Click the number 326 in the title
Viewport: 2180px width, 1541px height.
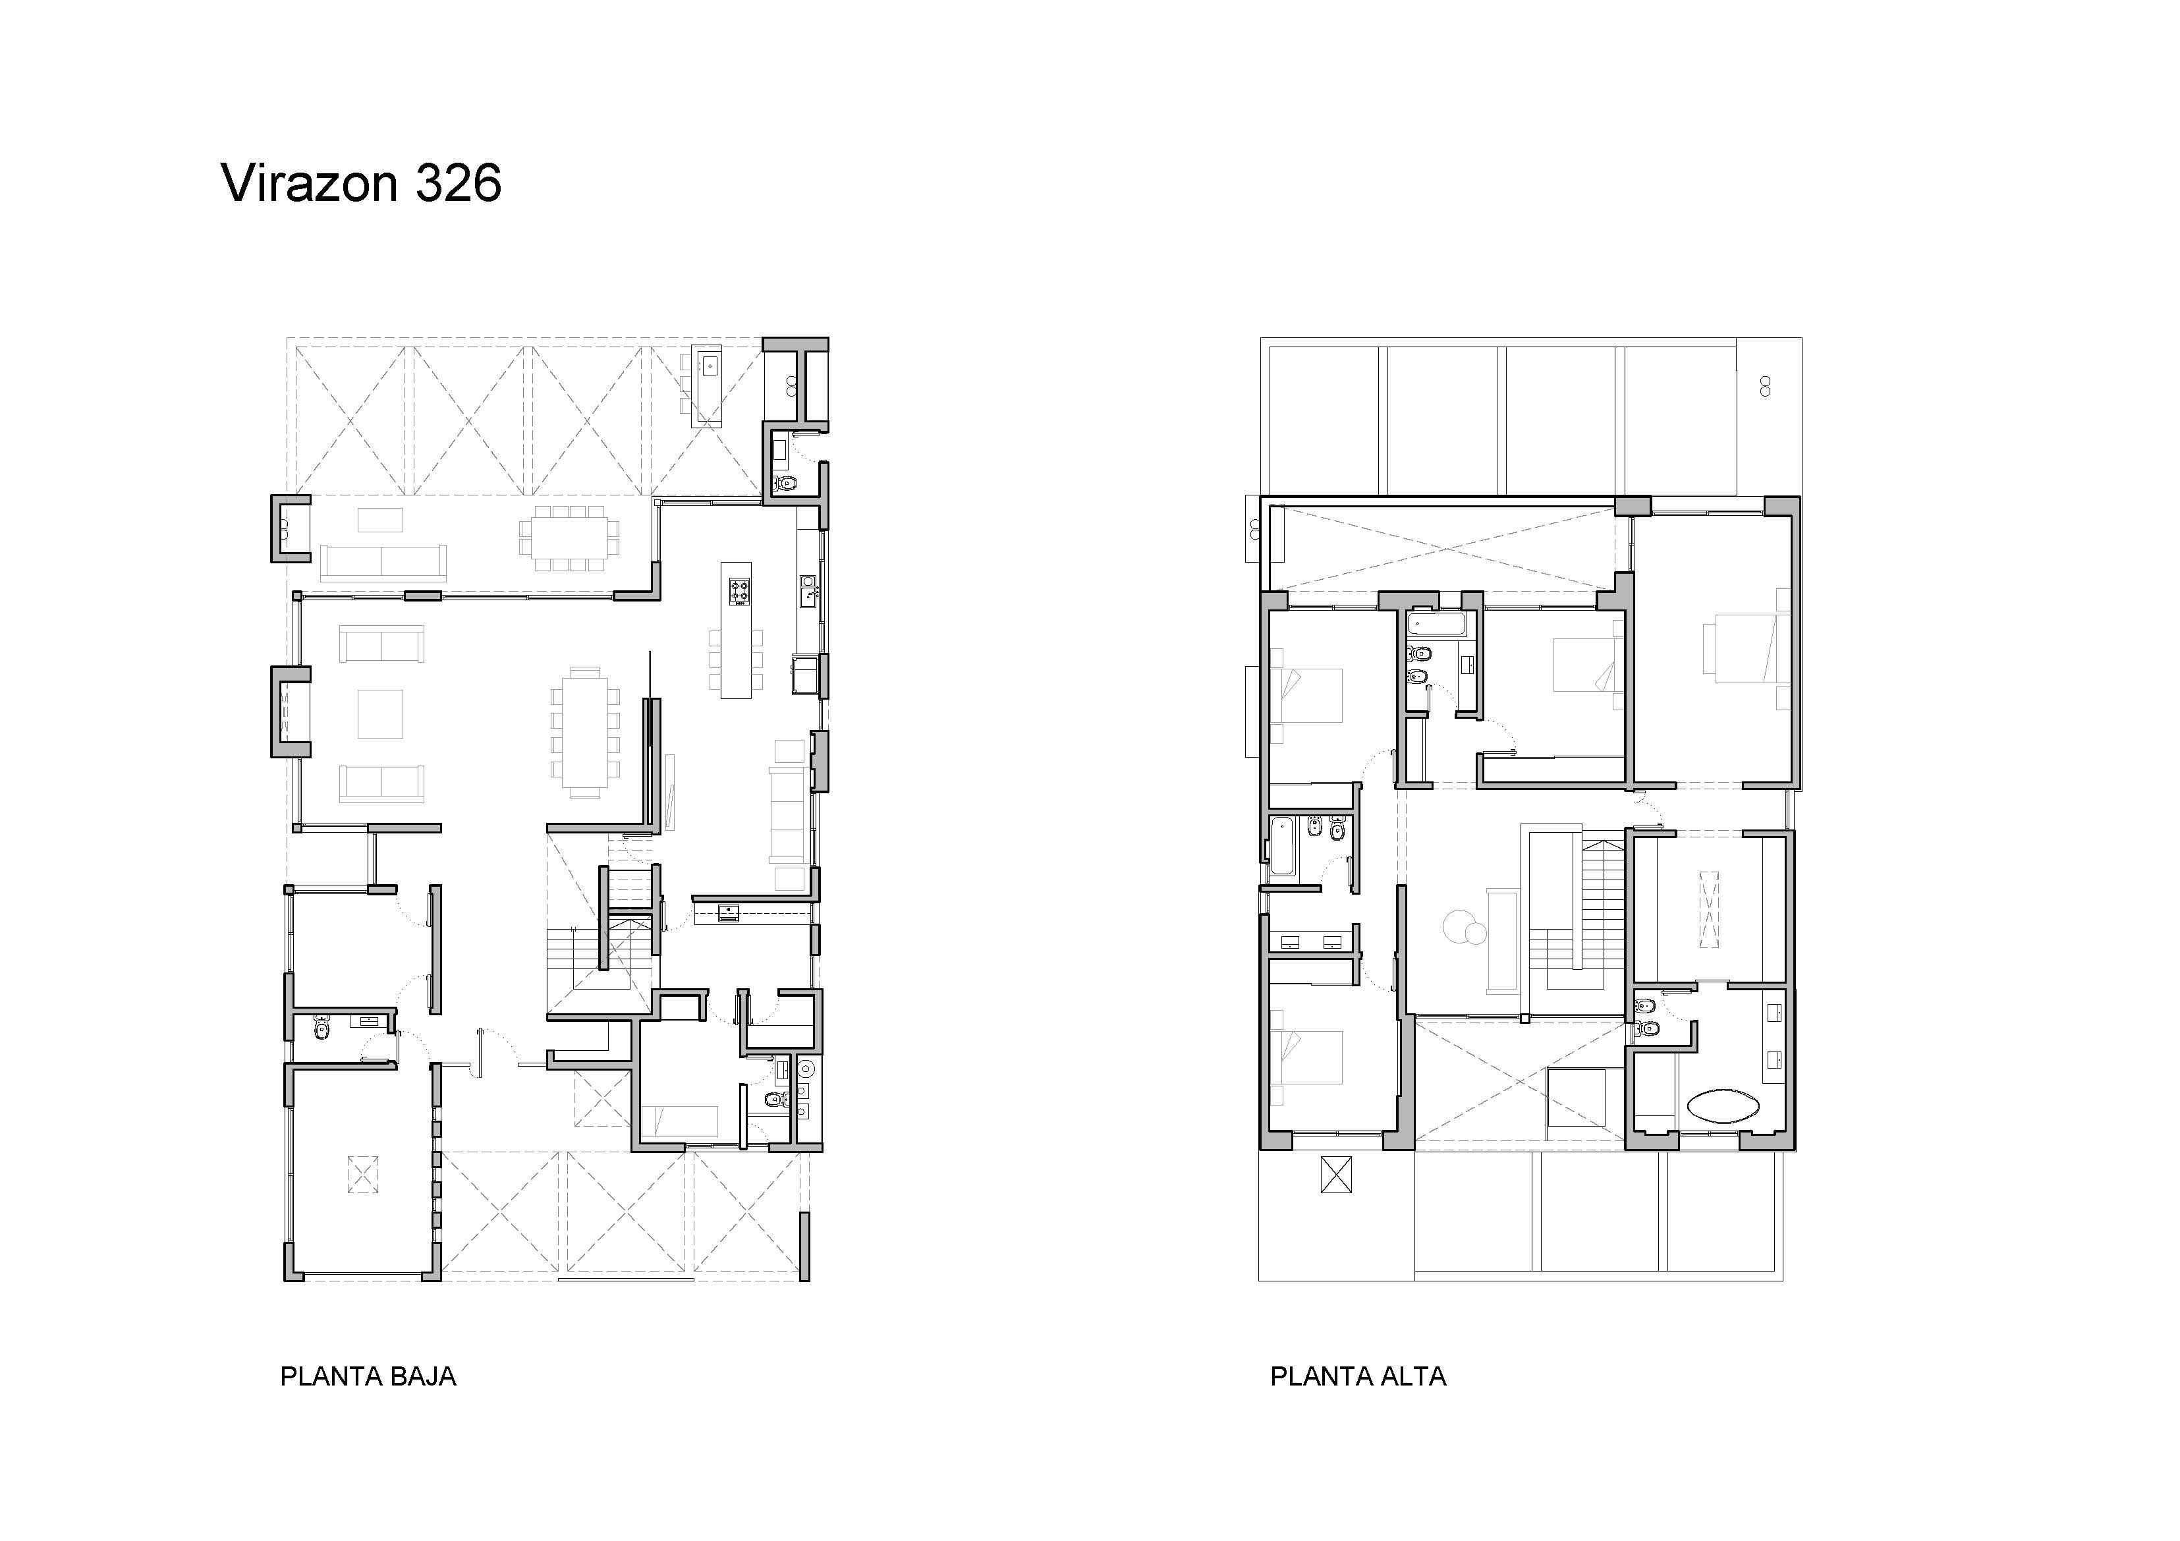coord(459,182)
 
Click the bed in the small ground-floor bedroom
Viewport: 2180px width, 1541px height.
coord(680,1121)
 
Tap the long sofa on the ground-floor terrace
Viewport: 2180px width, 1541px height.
coord(383,562)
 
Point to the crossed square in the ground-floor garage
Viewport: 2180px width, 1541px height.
coord(363,1173)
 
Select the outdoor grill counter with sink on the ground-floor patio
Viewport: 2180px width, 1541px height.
coord(708,383)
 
